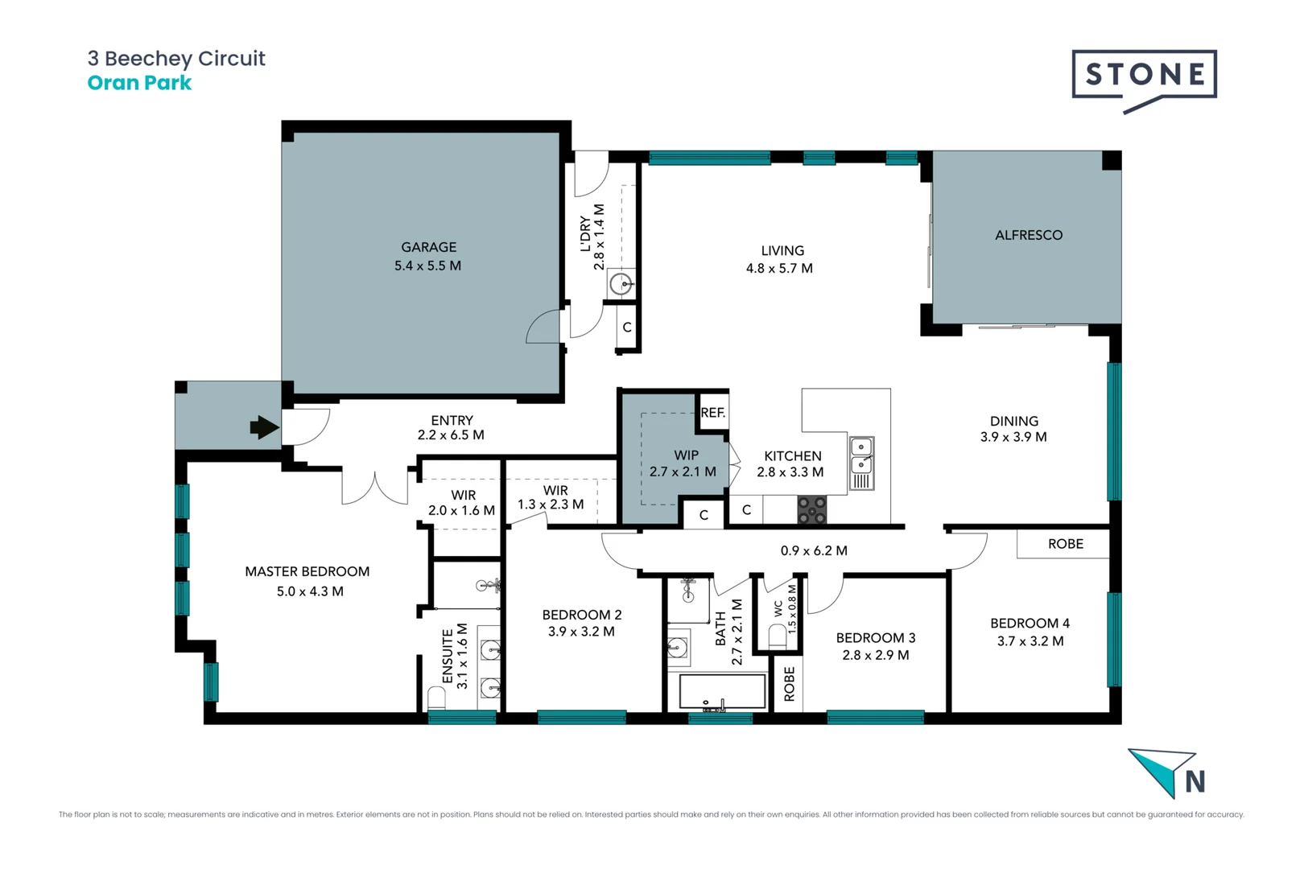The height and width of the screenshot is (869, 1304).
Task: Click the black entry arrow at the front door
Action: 264,427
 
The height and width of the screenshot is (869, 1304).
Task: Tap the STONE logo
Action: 1144,75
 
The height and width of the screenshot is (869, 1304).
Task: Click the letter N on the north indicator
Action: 1195,781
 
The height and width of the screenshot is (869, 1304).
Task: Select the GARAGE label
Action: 428,247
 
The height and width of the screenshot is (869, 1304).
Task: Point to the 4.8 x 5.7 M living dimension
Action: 779,269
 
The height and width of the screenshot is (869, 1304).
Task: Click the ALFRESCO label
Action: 1028,235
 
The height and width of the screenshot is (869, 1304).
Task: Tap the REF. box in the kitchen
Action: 712,413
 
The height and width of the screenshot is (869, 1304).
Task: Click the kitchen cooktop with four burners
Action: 811,510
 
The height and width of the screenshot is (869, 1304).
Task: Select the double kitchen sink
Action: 861,455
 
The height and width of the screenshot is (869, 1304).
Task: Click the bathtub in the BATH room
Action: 722,691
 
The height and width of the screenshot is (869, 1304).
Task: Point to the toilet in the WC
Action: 778,636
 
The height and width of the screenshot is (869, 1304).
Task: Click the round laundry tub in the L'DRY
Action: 621,283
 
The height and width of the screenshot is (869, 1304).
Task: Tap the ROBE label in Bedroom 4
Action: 1065,544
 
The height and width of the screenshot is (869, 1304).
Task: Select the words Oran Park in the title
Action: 139,83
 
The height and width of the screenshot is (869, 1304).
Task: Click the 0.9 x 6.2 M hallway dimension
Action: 813,551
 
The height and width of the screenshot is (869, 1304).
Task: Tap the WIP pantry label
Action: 686,455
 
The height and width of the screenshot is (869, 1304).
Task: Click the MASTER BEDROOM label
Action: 307,571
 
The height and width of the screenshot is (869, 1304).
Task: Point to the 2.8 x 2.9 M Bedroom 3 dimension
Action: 875,656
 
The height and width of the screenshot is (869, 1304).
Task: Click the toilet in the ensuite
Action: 436,697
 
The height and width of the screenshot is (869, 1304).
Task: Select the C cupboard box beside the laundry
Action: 627,327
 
